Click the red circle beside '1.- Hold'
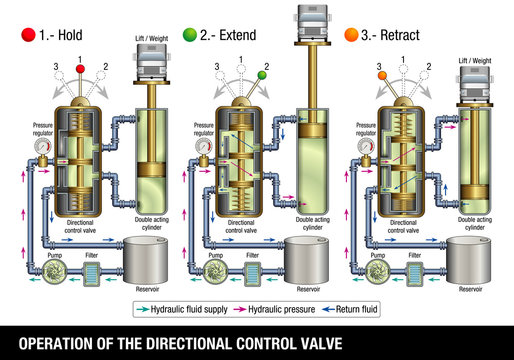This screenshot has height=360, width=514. (28, 36)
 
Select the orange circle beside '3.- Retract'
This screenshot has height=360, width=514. (350, 36)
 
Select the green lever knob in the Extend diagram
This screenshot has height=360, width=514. (262, 75)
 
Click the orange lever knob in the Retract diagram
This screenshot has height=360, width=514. (381, 76)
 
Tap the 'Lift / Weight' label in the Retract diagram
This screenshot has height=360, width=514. (476, 60)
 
